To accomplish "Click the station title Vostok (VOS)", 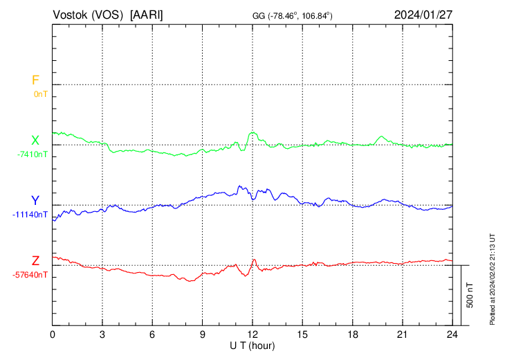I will pyautogui.click(x=88, y=15).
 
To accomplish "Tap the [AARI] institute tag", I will pyautogui.click(x=147, y=15).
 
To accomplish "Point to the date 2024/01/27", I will pyautogui.click(x=423, y=15).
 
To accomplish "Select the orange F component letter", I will pyautogui.click(x=35, y=80).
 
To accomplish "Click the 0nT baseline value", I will pyautogui.click(x=41, y=93).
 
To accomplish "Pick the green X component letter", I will pyautogui.click(x=35, y=141).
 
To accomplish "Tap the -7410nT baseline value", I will pyautogui.click(x=33, y=154).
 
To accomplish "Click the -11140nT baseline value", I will pyautogui.click(x=30, y=215).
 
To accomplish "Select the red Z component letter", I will pyautogui.click(x=35, y=261).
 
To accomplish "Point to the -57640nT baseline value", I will pyautogui.click(x=30, y=275).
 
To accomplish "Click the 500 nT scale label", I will pyautogui.click(x=470, y=295).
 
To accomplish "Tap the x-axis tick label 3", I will pyautogui.click(x=102, y=334).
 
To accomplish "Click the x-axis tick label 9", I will pyautogui.click(x=203, y=334).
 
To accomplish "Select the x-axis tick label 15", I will pyautogui.click(x=302, y=334).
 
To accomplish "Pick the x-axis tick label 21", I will pyautogui.click(x=402, y=334).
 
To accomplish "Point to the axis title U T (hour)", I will pyautogui.click(x=252, y=345).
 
